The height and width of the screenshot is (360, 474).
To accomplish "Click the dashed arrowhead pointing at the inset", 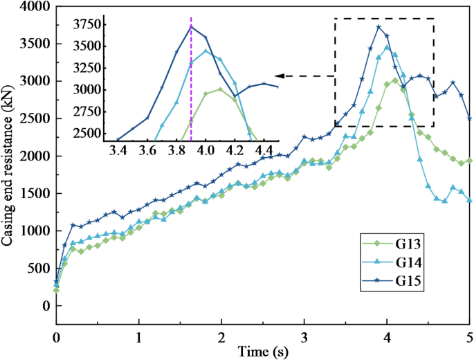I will tap(279, 75).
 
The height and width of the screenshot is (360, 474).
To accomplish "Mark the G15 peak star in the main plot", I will tap(379, 27).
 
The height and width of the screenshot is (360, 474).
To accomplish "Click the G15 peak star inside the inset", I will tap(192, 26).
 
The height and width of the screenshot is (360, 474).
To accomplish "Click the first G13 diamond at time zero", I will tap(56, 290).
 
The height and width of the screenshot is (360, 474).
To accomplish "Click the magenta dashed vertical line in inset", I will tap(191, 83).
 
